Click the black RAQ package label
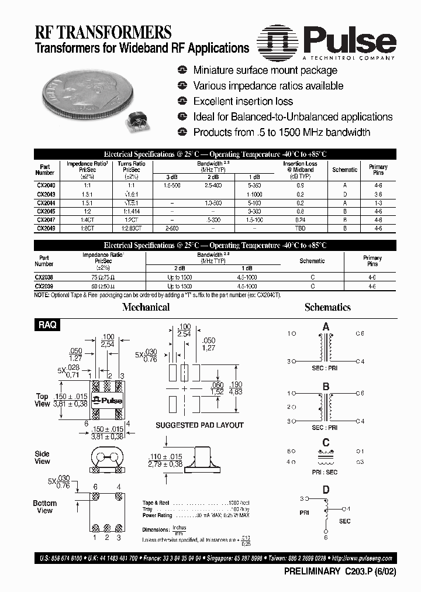coord(47,325)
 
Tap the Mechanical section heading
coord(146,307)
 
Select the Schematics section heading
coord(327,307)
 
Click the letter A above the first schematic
coord(326,326)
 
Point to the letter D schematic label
coord(326,490)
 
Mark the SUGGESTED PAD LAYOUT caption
coord(199,425)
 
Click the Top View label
coord(42,400)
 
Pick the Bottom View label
coord(44,507)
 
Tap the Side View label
coord(42,457)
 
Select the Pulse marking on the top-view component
coord(108,401)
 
